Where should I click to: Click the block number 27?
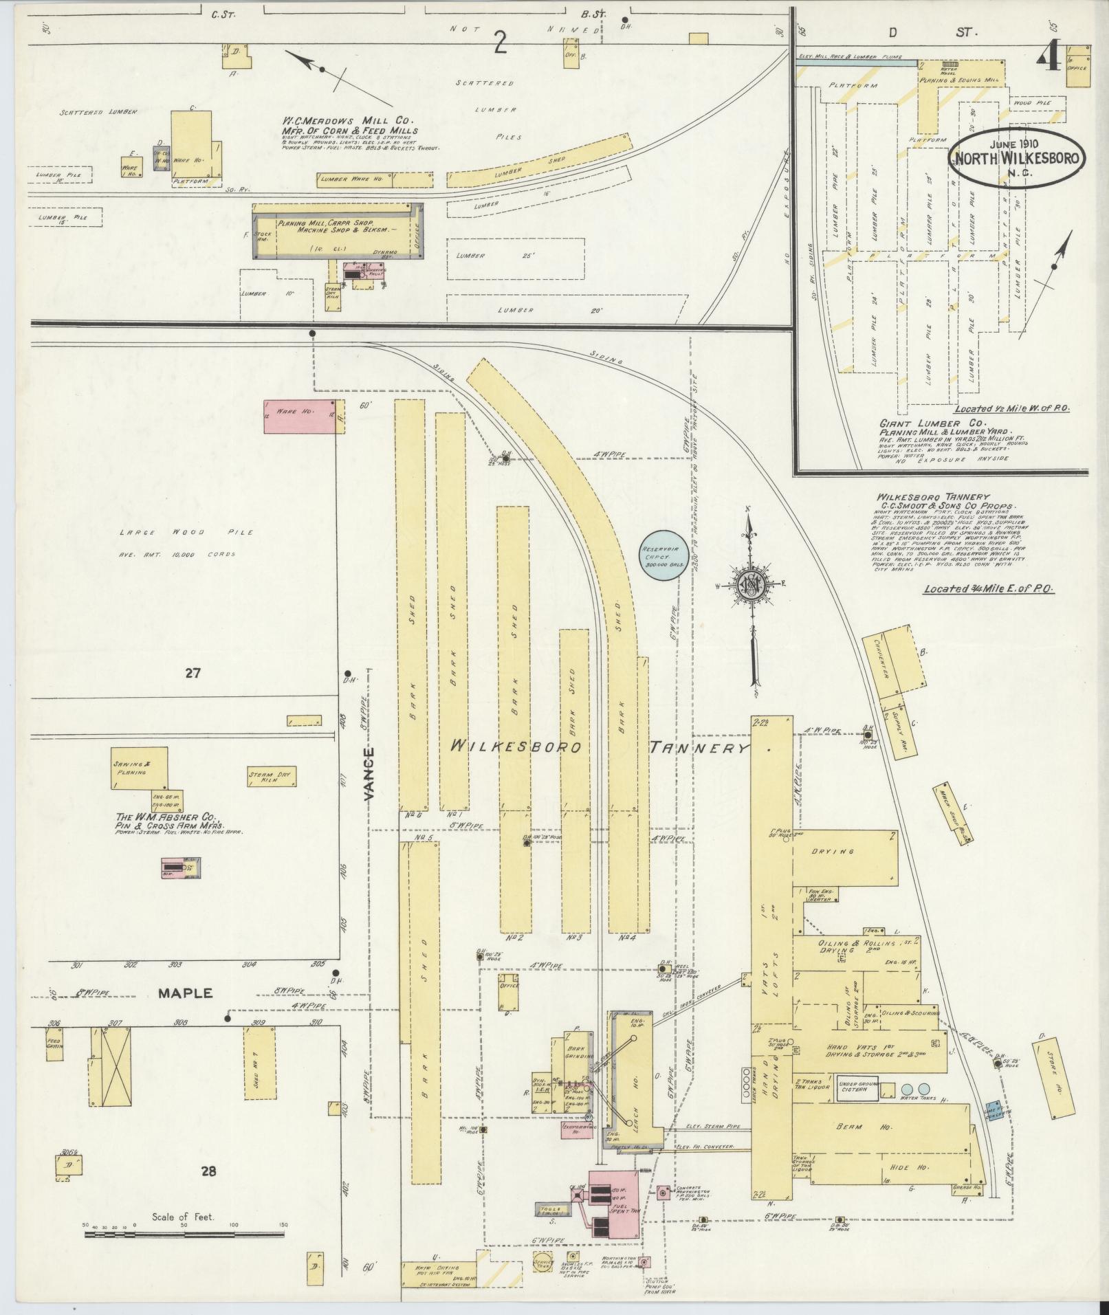[x=193, y=673]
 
